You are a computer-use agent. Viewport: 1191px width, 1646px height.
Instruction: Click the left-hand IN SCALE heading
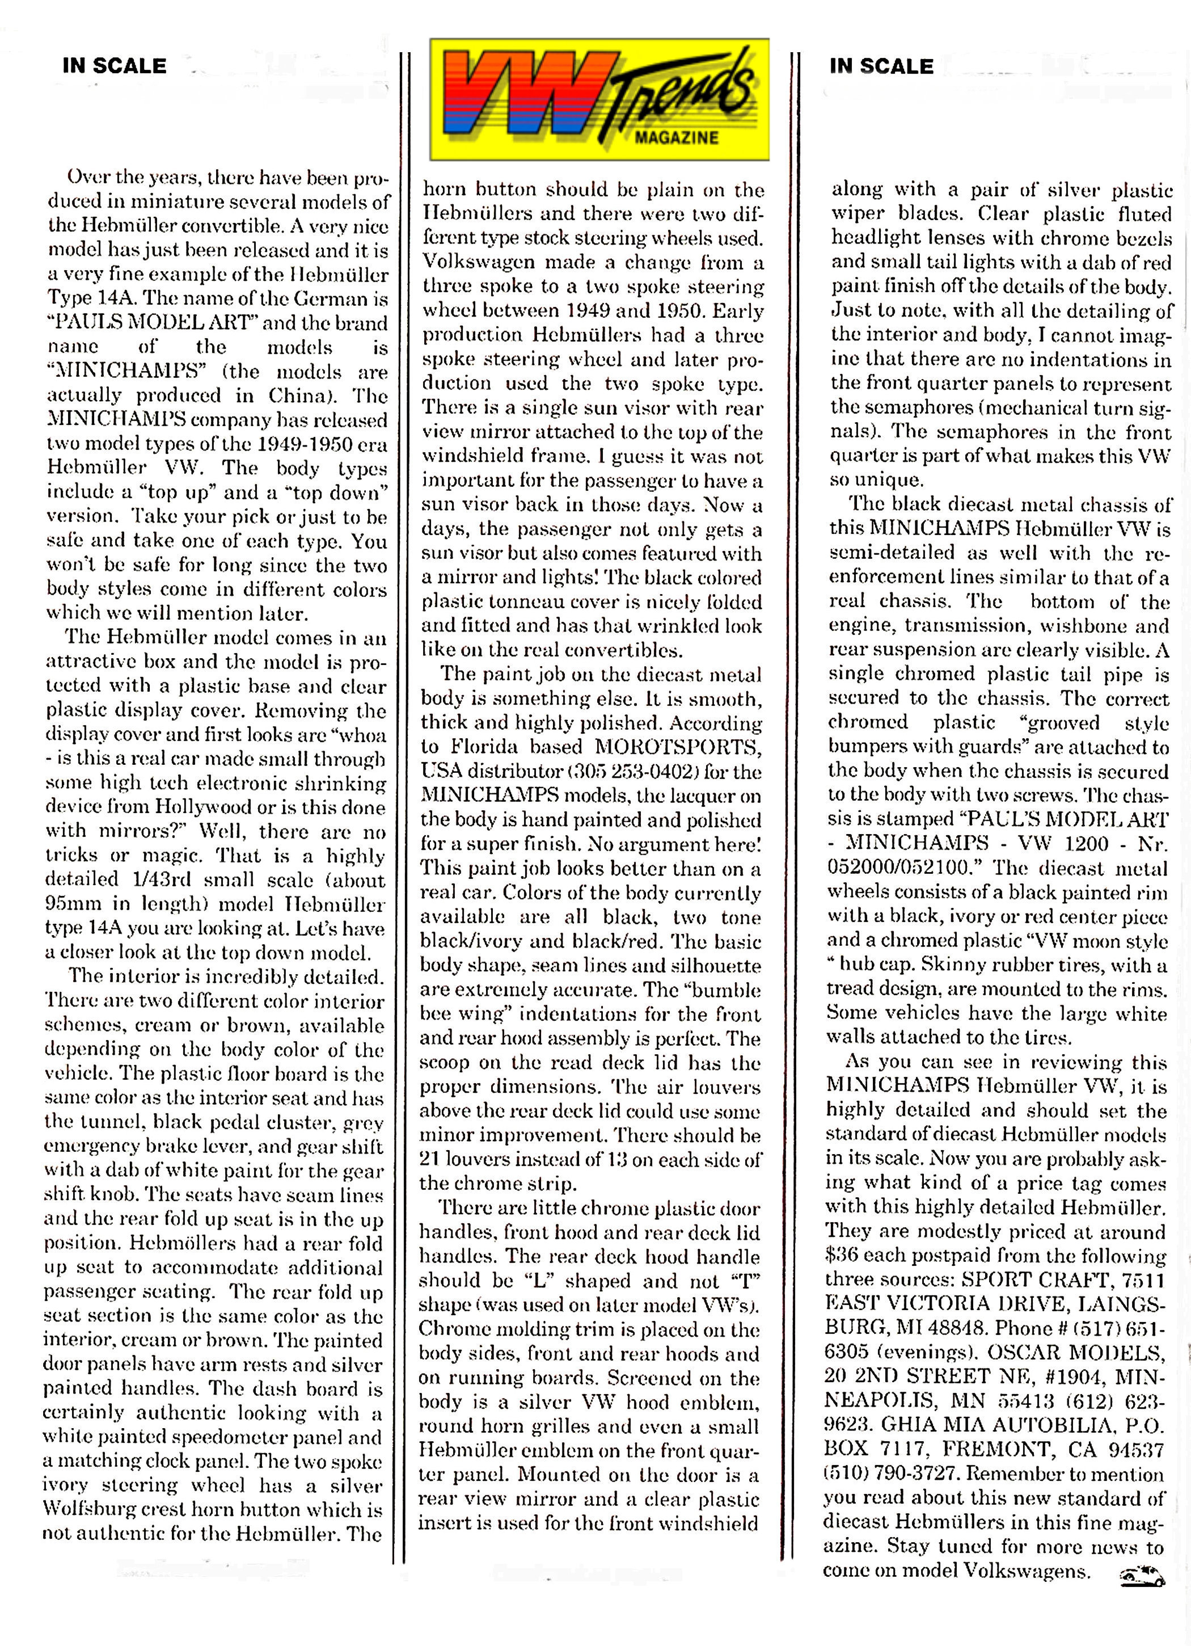(115, 66)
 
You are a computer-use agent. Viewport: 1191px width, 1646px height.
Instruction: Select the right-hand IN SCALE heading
(881, 66)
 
